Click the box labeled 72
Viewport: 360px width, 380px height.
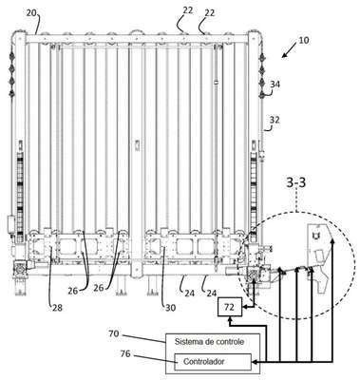pyautogui.click(x=229, y=307)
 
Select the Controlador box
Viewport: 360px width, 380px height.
pyautogui.click(x=213, y=362)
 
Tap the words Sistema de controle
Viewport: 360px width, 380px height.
pyautogui.click(x=209, y=342)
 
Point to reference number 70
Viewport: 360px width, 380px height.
pyautogui.click(x=114, y=333)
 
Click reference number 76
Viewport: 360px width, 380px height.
pyautogui.click(x=125, y=353)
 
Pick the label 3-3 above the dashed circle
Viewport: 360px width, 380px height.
pyautogui.click(x=296, y=183)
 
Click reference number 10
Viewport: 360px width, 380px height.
pyautogui.click(x=303, y=41)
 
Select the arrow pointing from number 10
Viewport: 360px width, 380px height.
pyautogui.click(x=289, y=50)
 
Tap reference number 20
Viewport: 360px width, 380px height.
pyautogui.click(x=31, y=13)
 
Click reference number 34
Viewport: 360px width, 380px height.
pyautogui.click(x=275, y=85)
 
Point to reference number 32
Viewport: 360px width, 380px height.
pyautogui.click(x=275, y=120)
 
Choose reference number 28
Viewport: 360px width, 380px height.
pyautogui.click(x=56, y=307)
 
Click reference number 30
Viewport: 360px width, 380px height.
pyautogui.click(x=170, y=307)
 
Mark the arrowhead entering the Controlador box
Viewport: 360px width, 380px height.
pyautogui.click(x=255, y=362)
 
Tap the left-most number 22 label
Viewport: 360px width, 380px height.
pyautogui.click(x=187, y=10)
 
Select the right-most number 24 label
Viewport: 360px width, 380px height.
pyautogui.click(x=212, y=294)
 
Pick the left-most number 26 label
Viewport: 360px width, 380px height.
pyautogui.click(x=73, y=291)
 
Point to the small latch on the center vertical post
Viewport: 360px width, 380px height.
pyautogui.click(x=137, y=144)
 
